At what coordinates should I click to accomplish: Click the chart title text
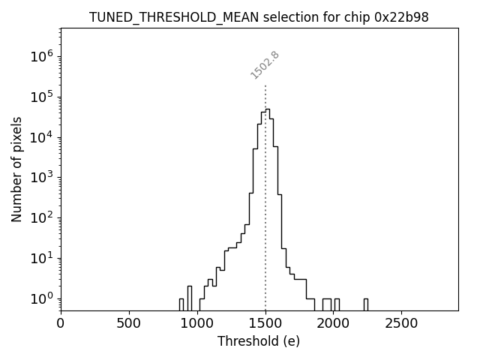tap(259, 16)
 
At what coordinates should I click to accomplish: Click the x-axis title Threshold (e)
tap(259, 341)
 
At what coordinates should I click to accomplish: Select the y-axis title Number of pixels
tap(16, 169)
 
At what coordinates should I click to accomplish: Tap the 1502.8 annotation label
tap(265, 65)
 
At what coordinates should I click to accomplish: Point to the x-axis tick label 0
tap(61, 323)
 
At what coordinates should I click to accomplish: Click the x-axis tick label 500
tap(129, 323)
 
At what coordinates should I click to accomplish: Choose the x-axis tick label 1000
tap(197, 323)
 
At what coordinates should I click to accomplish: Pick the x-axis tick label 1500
tap(265, 323)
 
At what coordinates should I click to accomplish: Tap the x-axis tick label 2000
tap(334, 323)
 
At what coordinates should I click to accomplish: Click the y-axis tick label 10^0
tap(42, 298)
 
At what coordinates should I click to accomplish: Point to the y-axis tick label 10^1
tap(42, 258)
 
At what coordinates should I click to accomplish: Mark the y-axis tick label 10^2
tap(42, 217)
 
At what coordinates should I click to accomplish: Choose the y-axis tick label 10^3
tap(42, 177)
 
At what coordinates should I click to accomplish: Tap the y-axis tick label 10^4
tap(42, 136)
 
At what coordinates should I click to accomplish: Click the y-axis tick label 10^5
tap(42, 96)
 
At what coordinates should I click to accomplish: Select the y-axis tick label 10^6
tap(42, 56)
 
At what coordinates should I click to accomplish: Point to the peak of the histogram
tap(267, 109)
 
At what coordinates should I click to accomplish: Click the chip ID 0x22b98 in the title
tap(401, 16)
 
